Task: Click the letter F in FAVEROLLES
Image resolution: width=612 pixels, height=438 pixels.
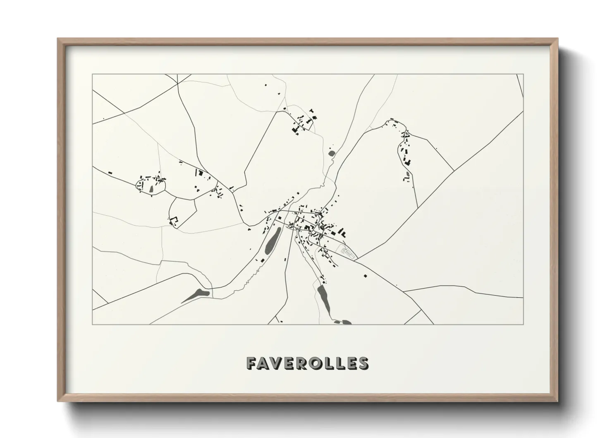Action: click(251, 363)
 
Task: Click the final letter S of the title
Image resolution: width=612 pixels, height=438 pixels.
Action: click(363, 363)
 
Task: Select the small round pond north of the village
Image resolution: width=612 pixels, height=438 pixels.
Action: click(331, 154)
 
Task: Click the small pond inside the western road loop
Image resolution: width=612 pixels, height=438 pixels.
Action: click(151, 188)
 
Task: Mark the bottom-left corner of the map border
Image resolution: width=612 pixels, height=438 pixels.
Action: click(92, 324)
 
